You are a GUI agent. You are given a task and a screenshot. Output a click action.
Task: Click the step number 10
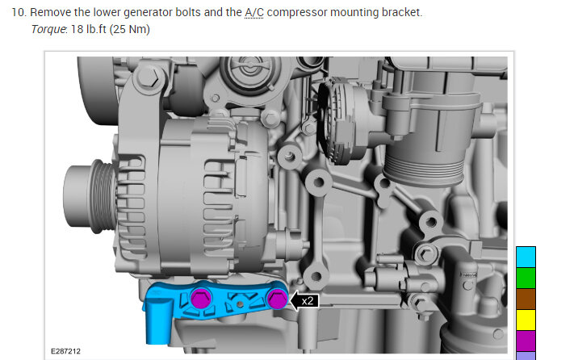coord(19,12)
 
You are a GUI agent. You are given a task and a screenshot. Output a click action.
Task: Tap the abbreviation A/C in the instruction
coord(254,12)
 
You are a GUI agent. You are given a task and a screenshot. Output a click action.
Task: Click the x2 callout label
coord(308,301)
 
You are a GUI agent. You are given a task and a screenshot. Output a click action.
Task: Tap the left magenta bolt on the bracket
coord(200,298)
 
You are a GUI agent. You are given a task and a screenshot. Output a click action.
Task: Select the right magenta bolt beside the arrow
coord(277,299)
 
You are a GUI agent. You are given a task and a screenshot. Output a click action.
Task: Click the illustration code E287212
coord(65,351)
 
